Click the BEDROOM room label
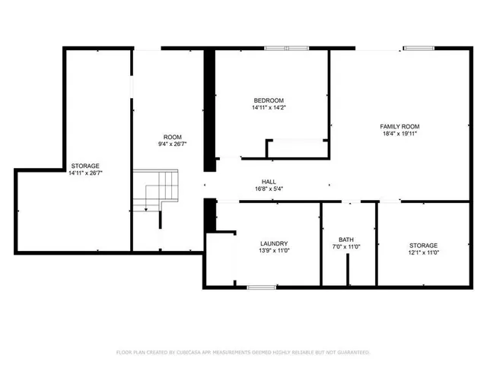[x=269, y=100]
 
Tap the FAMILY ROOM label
[x=399, y=125]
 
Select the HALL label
[x=269, y=181]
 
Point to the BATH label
[x=346, y=240]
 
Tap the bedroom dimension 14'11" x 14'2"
[x=269, y=108]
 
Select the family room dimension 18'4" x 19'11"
[x=399, y=133]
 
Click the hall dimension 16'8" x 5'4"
[x=269, y=189]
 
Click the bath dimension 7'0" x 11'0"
[x=346, y=247]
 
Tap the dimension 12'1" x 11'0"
[x=423, y=252]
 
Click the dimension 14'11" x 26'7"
[x=85, y=173]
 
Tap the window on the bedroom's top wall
[x=287, y=49]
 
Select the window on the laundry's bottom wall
[x=261, y=287]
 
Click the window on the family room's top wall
[x=419, y=49]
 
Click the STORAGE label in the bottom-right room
[x=423, y=245]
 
